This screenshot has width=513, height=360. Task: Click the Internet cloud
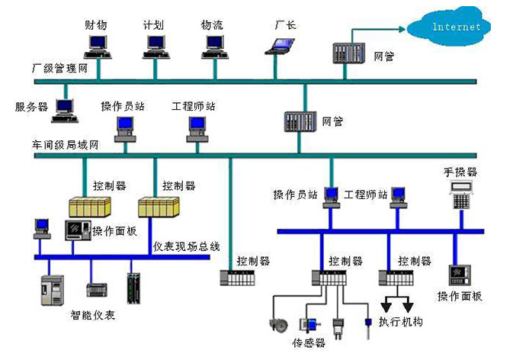click(449, 27)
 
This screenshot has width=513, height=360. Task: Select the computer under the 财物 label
click(98, 47)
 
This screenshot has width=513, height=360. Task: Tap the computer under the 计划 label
click(156, 47)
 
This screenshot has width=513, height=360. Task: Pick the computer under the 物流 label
click(215, 47)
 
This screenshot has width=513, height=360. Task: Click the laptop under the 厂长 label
click(280, 47)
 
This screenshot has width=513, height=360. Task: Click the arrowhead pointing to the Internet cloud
click(402, 29)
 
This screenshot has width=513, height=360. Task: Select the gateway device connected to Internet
click(349, 53)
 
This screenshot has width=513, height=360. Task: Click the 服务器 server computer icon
click(65, 111)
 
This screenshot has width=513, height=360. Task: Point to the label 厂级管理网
click(60, 69)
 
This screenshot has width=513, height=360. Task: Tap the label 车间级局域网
click(65, 145)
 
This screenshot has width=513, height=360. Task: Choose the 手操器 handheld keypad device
click(461, 195)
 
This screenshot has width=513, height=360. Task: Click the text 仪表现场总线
click(187, 246)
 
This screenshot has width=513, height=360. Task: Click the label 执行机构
click(401, 322)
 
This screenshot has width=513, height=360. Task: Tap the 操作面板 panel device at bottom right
click(460, 275)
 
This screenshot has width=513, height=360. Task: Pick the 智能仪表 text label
click(92, 315)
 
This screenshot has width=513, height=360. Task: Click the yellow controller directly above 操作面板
click(90, 207)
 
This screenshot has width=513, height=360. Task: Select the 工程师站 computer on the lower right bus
click(399, 198)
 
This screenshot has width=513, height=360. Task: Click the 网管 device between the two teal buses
click(300, 122)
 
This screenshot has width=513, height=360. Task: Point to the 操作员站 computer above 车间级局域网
click(125, 130)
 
